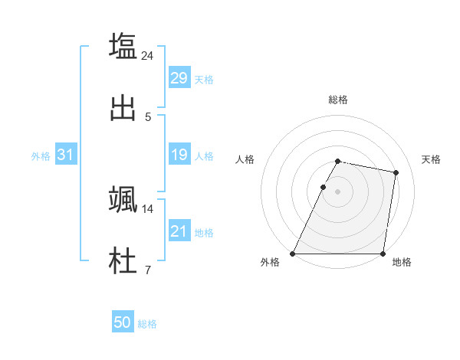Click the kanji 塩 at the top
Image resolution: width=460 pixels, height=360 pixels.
tap(123, 46)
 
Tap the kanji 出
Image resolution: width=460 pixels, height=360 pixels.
tap(123, 108)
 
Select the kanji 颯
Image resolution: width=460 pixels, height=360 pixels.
tap(123, 198)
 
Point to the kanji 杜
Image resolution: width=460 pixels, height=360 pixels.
tap(123, 260)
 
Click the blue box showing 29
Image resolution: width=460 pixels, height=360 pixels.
tap(179, 78)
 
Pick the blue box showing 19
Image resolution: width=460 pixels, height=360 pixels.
tap(179, 155)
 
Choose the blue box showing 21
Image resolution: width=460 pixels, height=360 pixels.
tap(179, 231)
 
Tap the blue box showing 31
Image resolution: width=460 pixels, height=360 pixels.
tap(65, 155)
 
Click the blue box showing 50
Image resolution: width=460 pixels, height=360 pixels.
tap(123, 323)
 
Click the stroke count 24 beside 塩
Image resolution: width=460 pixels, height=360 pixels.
tap(148, 56)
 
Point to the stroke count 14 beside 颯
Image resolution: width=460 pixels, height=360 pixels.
tap(148, 208)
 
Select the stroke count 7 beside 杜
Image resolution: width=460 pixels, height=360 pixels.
tap(148, 270)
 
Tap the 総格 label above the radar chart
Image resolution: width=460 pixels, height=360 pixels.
tap(337, 100)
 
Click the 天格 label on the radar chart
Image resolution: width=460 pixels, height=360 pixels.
tap(431, 159)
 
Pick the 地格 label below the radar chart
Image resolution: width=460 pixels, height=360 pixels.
tap(402, 262)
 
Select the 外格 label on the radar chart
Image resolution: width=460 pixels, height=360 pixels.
tap(270, 262)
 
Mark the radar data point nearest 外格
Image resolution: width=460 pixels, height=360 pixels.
tap(293, 254)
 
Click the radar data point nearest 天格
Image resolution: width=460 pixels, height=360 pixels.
tap(396, 173)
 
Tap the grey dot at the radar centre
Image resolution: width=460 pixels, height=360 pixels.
tap(337, 191)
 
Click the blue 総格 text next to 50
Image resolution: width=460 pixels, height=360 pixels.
tap(147, 324)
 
